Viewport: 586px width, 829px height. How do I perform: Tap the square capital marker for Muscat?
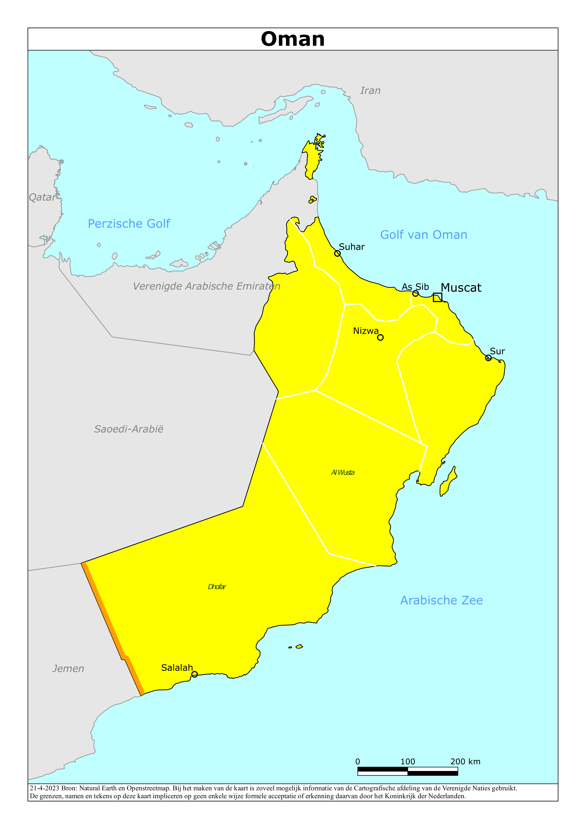point(437,297)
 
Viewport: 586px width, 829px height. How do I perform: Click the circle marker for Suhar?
point(337,254)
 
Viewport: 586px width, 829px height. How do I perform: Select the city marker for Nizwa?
point(380,338)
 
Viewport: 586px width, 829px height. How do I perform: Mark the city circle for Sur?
point(488,358)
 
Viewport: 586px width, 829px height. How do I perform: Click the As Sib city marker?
point(415,293)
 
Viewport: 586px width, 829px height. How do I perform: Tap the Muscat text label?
point(461,288)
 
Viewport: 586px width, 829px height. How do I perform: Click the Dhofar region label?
point(217,587)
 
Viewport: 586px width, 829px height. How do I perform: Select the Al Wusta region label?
point(343,473)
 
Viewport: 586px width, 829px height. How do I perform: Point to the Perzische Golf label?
point(129,224)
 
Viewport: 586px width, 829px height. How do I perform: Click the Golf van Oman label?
point(423,235)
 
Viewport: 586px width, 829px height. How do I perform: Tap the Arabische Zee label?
point(441,600)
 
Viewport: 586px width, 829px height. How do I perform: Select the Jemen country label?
point(68,669)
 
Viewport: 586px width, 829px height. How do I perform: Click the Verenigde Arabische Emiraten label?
point(206,286)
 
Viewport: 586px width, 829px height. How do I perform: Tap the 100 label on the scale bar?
point(408,761)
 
